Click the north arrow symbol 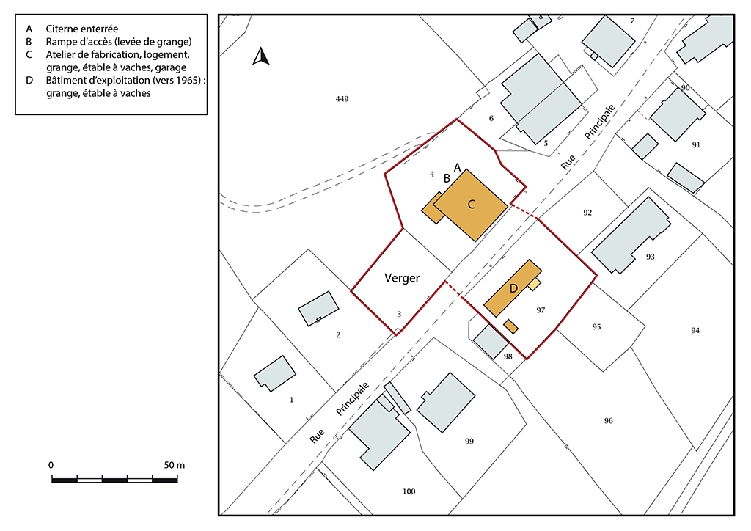(x=260, y=56)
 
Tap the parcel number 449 (x=342, y=99)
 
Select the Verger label (x=402, y=278)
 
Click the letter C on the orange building (x=471, y=205)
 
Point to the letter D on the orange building (x=513, y=288)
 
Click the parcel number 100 (x=409, y=491)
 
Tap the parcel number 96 (x=608, y=421)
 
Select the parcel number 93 (x=650, y=257)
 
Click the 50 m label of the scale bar (x=175, y=465)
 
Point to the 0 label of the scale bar (x=51, y=465)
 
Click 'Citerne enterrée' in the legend (x=82, y=29)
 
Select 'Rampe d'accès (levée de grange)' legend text (x=119, y=42)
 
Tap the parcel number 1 (x=292, y=400)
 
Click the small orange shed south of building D (x=511, y=326)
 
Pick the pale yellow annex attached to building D (x=535, y=284)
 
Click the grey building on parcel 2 (x=318, y=309)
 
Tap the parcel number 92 (x=587, y=213)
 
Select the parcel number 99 (x=469, y=441)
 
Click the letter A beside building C (x=458, y=168)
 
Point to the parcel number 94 (x=695, y=330)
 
